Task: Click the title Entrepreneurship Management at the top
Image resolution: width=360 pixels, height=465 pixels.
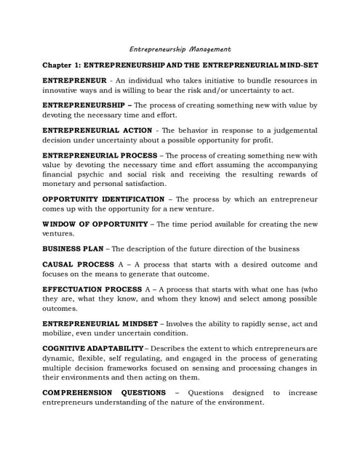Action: [x=180, y=49]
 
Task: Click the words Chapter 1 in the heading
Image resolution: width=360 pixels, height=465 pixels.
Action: [x=63, y=65]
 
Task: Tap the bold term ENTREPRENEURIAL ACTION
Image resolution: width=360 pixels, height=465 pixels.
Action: [x=97, y=130]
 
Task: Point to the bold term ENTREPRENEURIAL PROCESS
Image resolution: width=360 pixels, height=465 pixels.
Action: [x=100, y=155]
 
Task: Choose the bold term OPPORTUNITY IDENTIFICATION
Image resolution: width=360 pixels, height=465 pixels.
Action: [x=103, y=199]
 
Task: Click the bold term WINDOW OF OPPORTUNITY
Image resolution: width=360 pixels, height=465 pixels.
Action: [x=95, y=224]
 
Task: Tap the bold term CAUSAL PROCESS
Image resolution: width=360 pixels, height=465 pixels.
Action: [x=78, y=264]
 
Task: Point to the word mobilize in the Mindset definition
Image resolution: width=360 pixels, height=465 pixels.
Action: [x=60, y=333]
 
